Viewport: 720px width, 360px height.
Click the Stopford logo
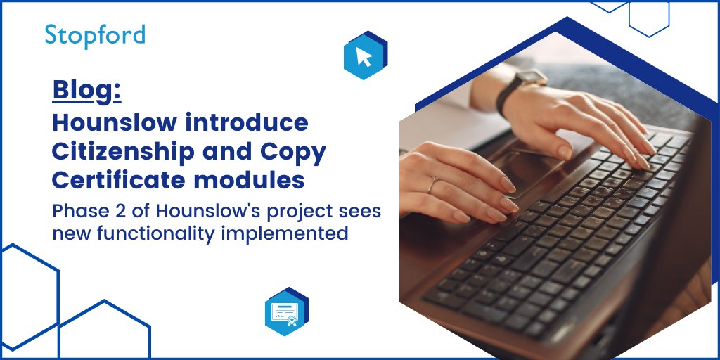pyautogui.click(x=95, y=35)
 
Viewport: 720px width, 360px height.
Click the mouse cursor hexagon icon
pyautogui.click(x=365, y=56)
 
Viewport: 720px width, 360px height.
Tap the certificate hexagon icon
pyautogui.click(x=286, y=311)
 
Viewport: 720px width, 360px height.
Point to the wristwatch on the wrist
pyautogui.click(x=521, y=88)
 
